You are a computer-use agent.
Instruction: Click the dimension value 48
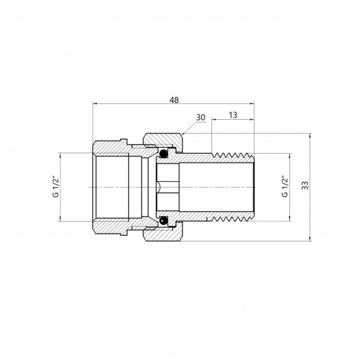pos(174,100)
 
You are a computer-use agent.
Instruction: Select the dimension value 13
pos(233,115)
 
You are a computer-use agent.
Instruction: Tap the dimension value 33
pos(305,185)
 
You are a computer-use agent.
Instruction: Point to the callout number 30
pos(201,118)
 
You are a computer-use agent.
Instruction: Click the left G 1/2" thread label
pos(56,187)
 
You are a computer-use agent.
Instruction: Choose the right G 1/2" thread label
pos(284,187)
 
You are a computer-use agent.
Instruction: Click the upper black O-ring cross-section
pos(164,154)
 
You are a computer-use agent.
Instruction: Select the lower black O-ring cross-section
pos(164,221)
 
